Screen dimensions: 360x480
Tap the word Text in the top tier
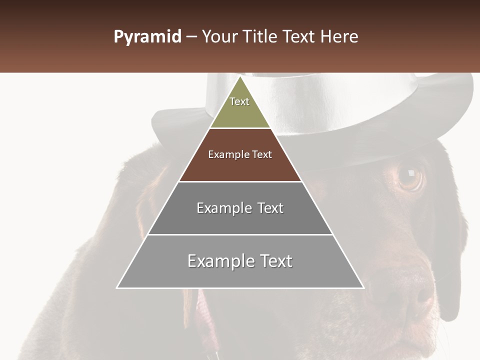click(x=239, y=101)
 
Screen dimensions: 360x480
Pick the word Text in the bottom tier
click(x=275, y=261)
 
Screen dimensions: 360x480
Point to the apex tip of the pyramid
click(x=240, y=77)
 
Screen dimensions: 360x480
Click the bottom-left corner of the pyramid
click(x=117, y=287)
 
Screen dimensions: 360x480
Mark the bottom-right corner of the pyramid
click(x=363, y=287)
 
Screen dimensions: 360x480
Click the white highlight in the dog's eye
click(x=411, y=173)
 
